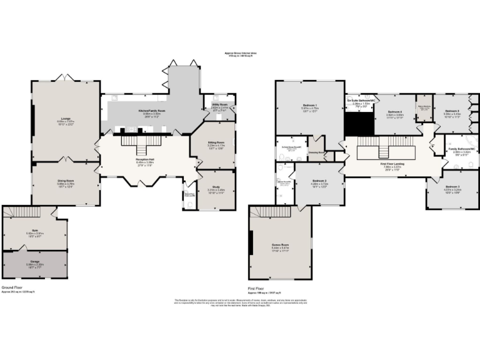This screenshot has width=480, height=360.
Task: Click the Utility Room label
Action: click(x=219, y=104)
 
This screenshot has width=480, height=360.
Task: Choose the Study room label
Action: click(x=216, y=189)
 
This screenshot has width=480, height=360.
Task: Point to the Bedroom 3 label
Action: click(x=452, y=187)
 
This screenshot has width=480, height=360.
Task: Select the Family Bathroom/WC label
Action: click(x=462, y=149)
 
